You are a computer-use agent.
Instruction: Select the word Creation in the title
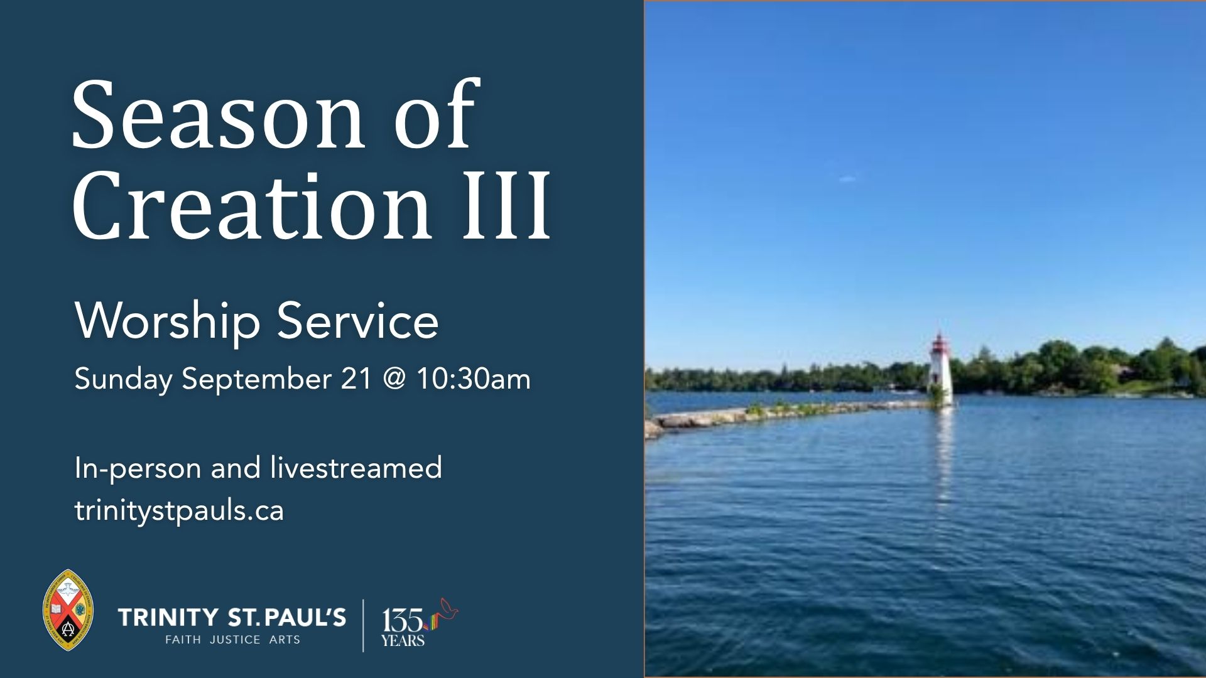[x=252, y=205]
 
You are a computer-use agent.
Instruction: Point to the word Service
[x=357, y=321]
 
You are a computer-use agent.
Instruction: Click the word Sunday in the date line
[x=124, y=380]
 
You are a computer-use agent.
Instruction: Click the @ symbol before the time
[x=394, y=380]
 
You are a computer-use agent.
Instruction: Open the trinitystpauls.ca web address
[x=180, y=510]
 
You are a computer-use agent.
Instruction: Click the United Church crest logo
[x=68, y=610]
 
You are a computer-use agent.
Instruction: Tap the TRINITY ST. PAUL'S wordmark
[x=232, y=617]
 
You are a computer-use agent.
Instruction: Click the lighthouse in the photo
[x=940, y=370]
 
